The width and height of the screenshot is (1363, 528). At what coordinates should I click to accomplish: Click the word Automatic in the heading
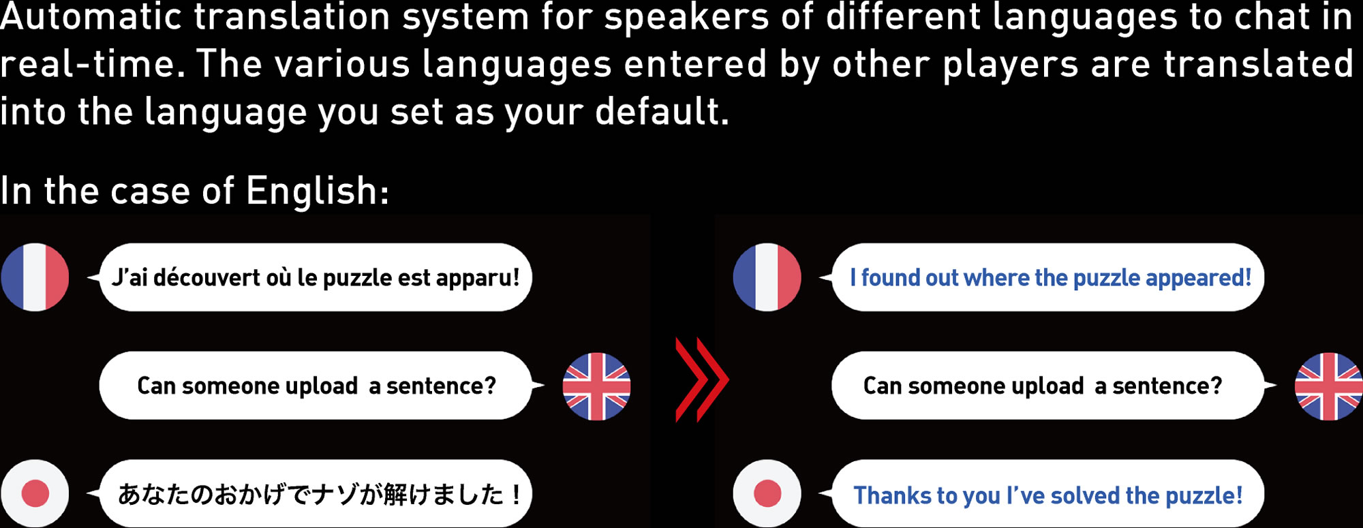click(91, 17)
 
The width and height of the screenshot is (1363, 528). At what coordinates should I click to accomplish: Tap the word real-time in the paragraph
click(92, 65)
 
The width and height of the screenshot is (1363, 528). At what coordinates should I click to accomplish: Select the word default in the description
click(662, 111)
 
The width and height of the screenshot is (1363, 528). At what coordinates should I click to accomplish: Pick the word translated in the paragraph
click(1258, 65)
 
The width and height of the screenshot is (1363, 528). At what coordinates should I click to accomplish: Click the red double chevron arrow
click(702, 379)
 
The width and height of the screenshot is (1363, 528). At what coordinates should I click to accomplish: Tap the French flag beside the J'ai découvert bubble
click(35, 277)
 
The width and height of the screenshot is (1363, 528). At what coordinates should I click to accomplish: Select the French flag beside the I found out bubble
click(767, 277)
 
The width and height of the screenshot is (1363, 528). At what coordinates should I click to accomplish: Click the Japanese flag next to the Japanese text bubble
click(35, 493)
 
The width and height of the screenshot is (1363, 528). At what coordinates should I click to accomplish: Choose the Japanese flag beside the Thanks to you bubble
click(767, 493)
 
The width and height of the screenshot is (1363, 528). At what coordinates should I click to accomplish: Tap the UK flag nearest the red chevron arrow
click(596, 386)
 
